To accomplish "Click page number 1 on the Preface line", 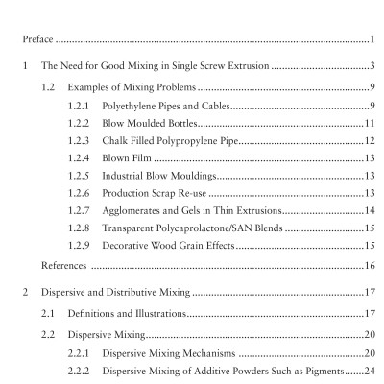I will pos(371,40).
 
